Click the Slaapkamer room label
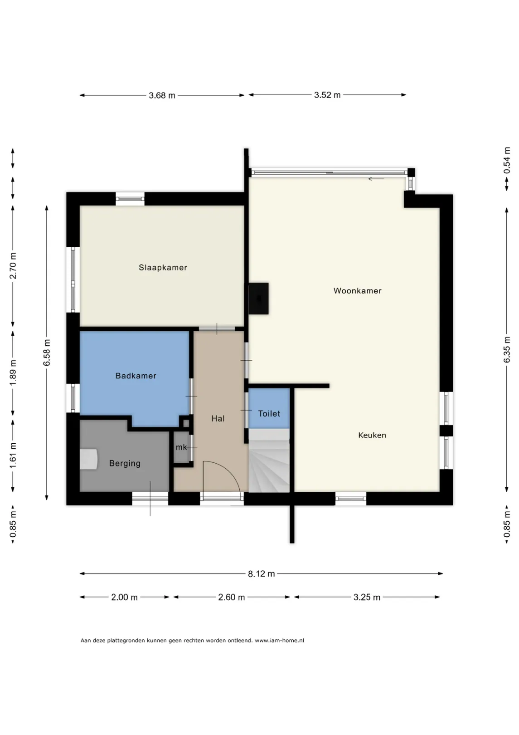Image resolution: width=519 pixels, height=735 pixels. point(163,267)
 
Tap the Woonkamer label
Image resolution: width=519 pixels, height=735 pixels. point(357,291)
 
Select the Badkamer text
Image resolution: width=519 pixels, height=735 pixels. point(136,376)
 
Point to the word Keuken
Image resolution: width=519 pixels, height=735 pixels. point(372,435)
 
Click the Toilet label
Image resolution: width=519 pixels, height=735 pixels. point(269,413)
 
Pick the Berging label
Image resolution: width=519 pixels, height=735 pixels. point(125,463)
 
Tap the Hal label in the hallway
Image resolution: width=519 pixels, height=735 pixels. point(218,418)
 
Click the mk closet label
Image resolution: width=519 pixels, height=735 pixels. point(181,447)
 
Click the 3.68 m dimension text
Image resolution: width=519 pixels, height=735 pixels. point(162,95)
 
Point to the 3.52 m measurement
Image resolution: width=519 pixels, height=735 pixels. point(327,95)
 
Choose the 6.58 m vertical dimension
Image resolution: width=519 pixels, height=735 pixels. point(47,353)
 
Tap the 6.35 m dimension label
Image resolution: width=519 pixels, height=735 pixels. point(507,349)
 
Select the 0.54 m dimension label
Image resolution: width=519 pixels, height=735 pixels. point(507,160)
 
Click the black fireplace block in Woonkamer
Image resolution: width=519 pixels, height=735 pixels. point(258,299)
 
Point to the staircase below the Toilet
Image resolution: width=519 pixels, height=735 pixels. point(269,461)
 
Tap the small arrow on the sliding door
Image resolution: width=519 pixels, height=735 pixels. point(376,179)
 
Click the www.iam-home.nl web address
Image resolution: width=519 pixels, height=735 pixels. point(279,640)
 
